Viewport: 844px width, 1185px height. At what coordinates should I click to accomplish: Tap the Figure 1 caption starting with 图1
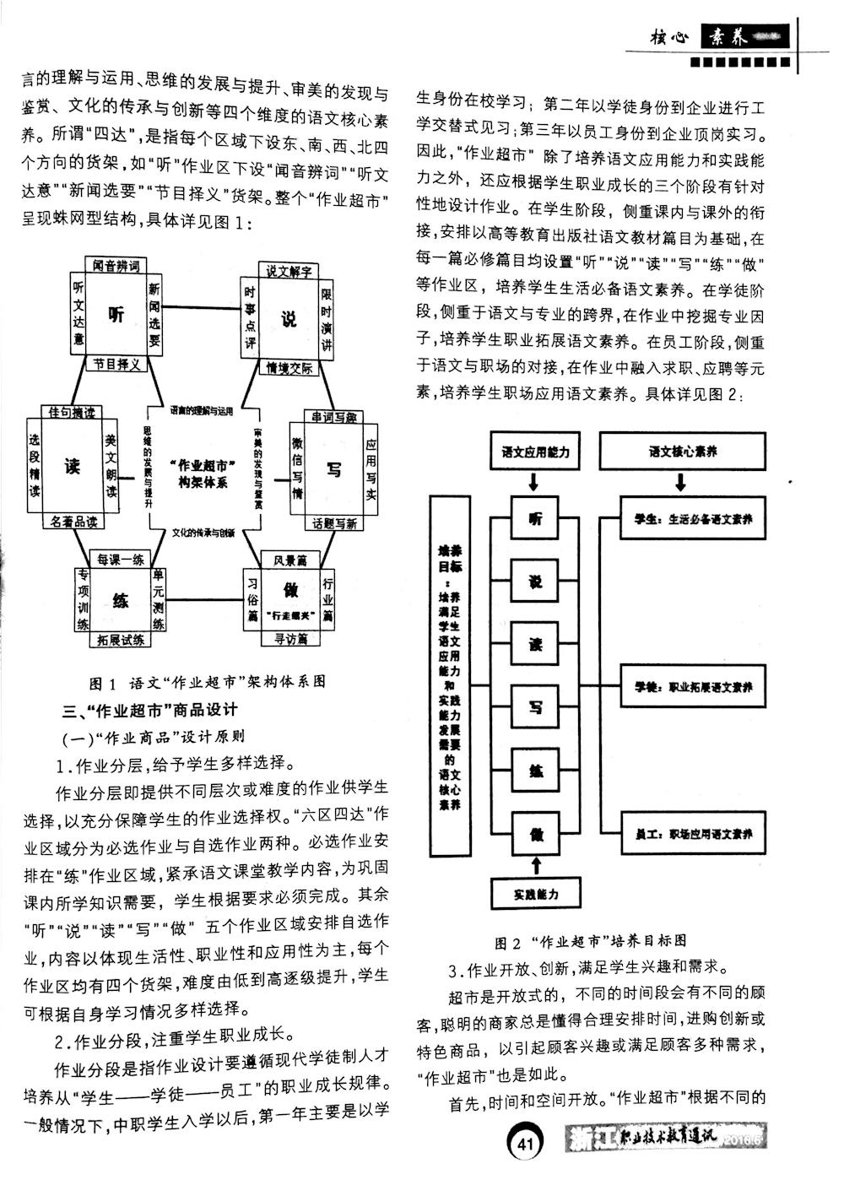(207, 680)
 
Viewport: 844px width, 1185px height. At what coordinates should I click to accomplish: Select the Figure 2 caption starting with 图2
(590, 940)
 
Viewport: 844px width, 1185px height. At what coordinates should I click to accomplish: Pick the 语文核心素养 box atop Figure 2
(682, 452)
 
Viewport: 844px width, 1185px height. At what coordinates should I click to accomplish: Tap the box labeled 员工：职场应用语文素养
(693, 834)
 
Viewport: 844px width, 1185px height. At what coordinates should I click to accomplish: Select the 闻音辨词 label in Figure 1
(116, 266)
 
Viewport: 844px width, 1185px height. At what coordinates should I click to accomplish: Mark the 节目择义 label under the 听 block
(116, 364)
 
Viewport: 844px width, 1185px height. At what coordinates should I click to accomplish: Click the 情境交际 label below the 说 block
(289, 368)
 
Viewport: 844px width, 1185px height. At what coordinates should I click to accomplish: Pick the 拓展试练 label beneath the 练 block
(120, 639)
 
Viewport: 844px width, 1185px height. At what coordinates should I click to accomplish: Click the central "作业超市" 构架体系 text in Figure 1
(203, 473)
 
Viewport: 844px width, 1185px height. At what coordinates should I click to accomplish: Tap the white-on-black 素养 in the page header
(728, 37)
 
